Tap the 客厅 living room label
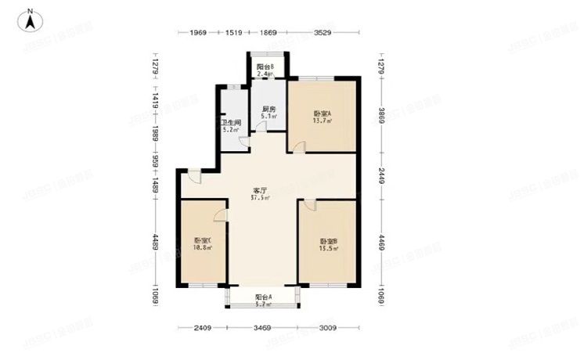point(260,189)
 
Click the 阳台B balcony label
point(265,67)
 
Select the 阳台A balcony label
point(264,297)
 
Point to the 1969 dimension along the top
point(197,33)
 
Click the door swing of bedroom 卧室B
point(308,205)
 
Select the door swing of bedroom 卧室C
point(220,218)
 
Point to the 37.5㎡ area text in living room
point(260,198)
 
